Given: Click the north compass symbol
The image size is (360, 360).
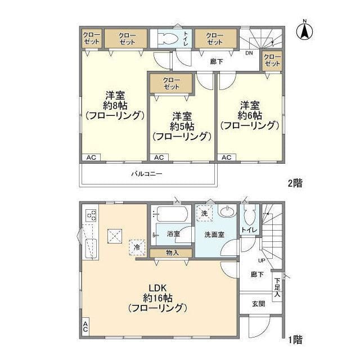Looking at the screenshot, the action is click(304, 31).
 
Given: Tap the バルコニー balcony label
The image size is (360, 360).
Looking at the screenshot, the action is click(146, 174).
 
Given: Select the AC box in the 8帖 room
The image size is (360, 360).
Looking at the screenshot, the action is click(91, 157).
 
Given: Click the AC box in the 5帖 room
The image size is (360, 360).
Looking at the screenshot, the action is click(159, 157).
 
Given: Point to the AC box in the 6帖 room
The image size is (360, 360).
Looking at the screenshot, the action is click(226, 157).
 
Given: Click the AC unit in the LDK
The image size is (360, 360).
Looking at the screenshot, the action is click(85, 327).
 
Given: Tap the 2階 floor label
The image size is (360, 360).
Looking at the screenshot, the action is click(295, 183).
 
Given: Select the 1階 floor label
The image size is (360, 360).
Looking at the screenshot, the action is click(295, 340).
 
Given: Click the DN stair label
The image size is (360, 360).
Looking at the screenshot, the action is click(249, 53).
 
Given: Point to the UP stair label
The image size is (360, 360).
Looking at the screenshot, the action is click(262, 260).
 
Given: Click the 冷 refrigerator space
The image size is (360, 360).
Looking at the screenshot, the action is click(137, 247).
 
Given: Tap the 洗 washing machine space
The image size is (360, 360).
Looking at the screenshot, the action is click(204, 213).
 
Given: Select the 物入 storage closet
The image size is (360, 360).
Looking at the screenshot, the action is click(171, 253).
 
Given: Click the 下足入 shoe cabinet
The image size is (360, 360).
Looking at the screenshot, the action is click(277, 287).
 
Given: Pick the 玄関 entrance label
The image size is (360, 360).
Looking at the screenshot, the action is click(259, 304).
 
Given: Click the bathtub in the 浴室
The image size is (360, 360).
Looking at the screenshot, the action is click(171, 214).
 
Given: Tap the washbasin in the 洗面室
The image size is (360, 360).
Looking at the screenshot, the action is click(227, 211).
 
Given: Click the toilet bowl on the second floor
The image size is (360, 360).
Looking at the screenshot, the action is click(169, 38).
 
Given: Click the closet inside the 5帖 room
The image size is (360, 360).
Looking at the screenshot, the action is click(171, 83).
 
